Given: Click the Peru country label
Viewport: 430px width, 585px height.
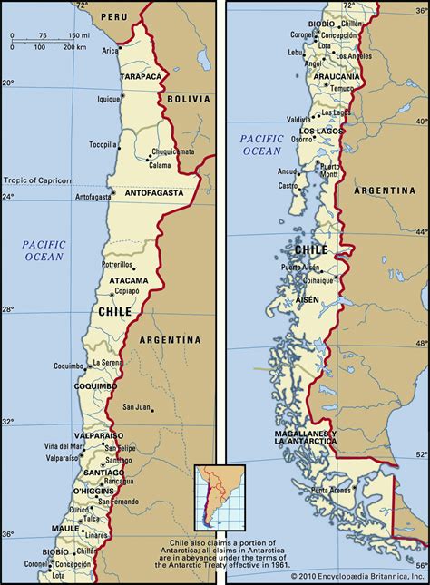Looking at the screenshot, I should click(x=114, y=16).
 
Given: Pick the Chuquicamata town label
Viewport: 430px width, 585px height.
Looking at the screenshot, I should click(x=173, y=152).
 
